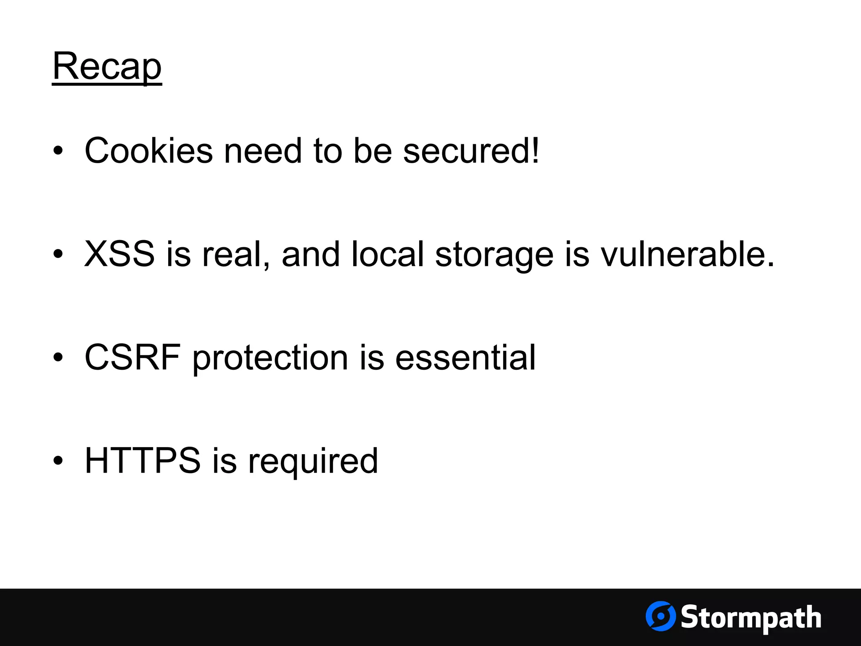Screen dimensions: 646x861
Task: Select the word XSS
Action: [x=119, y=254]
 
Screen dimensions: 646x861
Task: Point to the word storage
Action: [x=494, y=255]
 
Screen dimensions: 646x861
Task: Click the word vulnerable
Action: [x=687, y=254]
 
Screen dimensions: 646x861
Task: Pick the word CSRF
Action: [x=132, y=357]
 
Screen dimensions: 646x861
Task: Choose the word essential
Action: [x=465, y=357]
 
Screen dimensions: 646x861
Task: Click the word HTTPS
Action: [x=143, y=461]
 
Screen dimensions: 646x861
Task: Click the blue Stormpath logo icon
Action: [x=660, y=616]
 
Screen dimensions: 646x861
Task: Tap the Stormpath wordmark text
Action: [x=751, y=617]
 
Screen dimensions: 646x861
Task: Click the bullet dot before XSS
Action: [x=58, y=254]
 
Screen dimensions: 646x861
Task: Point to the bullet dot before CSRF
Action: [x=58, y=357]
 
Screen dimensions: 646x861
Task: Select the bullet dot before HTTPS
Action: [x=58, y=461]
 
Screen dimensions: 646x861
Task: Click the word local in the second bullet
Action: [x=387, y=254]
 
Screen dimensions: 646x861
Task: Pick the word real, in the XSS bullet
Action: [x=236, y=255]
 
